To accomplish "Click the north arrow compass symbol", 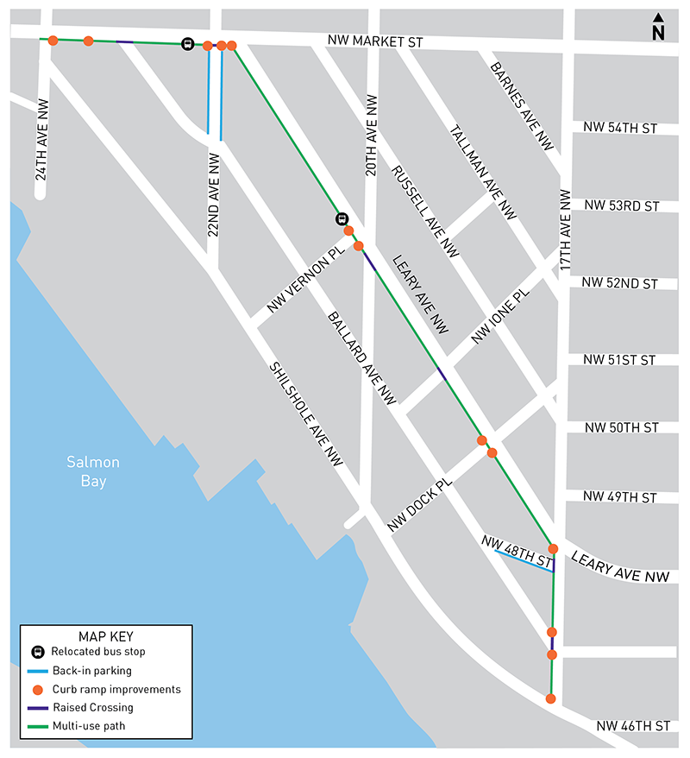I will tap(658, 28).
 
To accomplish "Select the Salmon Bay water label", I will tap(93, 471).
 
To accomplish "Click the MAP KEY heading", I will tap(106, 635).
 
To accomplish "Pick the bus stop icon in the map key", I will tap(37, 652).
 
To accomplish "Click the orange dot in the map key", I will tap(37, 689).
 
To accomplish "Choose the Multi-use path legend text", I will tap(88, 726).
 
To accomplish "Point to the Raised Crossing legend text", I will tap(92, 707).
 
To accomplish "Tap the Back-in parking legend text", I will tap(91, 670).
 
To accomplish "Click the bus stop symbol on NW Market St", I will tap(187, 44).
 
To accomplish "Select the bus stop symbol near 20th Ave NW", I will tap(341, 219).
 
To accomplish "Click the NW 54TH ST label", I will tap(620, 129).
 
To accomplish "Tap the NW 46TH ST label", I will tap(633, 727).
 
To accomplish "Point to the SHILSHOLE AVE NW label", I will tap(306, 415).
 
